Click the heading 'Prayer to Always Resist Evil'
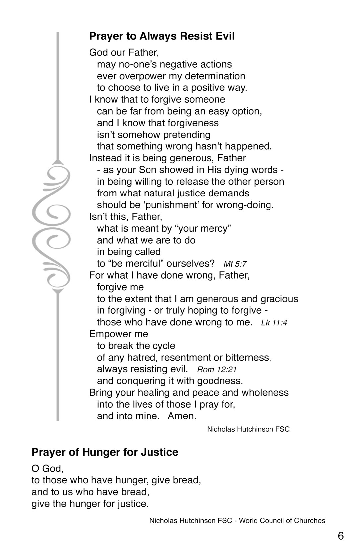[x=162, y=36]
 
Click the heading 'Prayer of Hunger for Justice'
[x=105, y=452]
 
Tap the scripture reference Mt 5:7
[x=235, y=264]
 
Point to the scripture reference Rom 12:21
[x=217, y=370]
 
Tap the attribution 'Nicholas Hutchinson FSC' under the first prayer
[x=248, y=429]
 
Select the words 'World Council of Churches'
[x=282, y=521]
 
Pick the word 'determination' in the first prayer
[x=215, y=76]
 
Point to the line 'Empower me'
[x=119, y=334]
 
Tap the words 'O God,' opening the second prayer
[x=47, y=469]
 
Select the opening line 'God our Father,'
[x=124, y=52]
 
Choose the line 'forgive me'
[x=120, y=287]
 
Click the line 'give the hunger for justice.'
[x=90, y=504]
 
